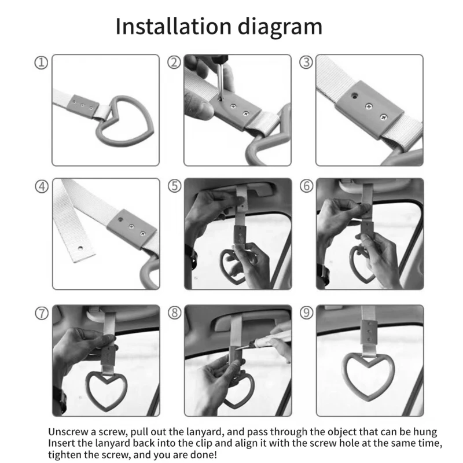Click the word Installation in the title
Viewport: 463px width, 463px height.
(x=173, y=26)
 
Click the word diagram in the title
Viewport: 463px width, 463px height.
(x=280, y=27)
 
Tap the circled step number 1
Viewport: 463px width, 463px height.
(x=41, y=63)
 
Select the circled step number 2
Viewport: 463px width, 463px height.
(x=174, y=63)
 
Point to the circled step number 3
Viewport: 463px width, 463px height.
(x=306, y=63)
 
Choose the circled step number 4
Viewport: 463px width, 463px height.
(x=42, y=186)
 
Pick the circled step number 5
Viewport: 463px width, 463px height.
(x=175, y=186)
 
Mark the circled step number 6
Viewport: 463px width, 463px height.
(x=307, y=186)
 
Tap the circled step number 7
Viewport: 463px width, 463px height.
(x=42, y=313)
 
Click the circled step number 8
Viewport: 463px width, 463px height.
(x=175, y=313)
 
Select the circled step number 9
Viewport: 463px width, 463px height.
(x=307, y=313)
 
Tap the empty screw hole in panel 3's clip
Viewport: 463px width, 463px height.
(x=354, y=95)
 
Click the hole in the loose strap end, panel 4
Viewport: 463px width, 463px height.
(x=80, y=248)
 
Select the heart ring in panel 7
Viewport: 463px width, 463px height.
(x=89, y=389)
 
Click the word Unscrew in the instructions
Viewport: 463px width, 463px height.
(x=68, y=432)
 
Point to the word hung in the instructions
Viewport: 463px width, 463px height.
(x=425, y=432)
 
